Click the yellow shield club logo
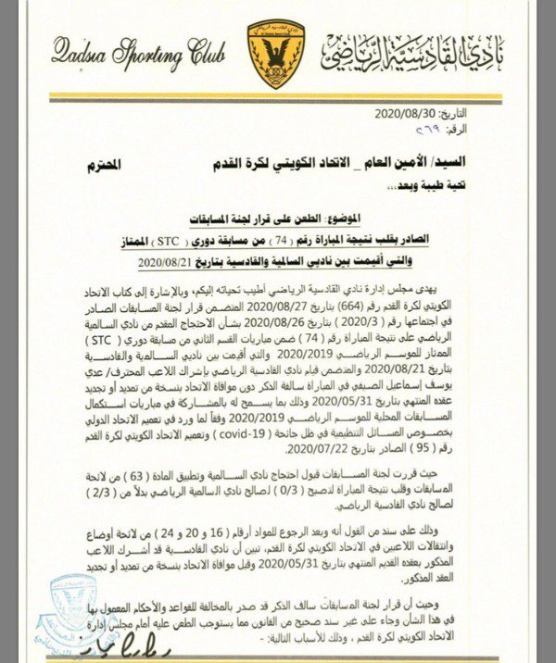(x=275, y=53)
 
